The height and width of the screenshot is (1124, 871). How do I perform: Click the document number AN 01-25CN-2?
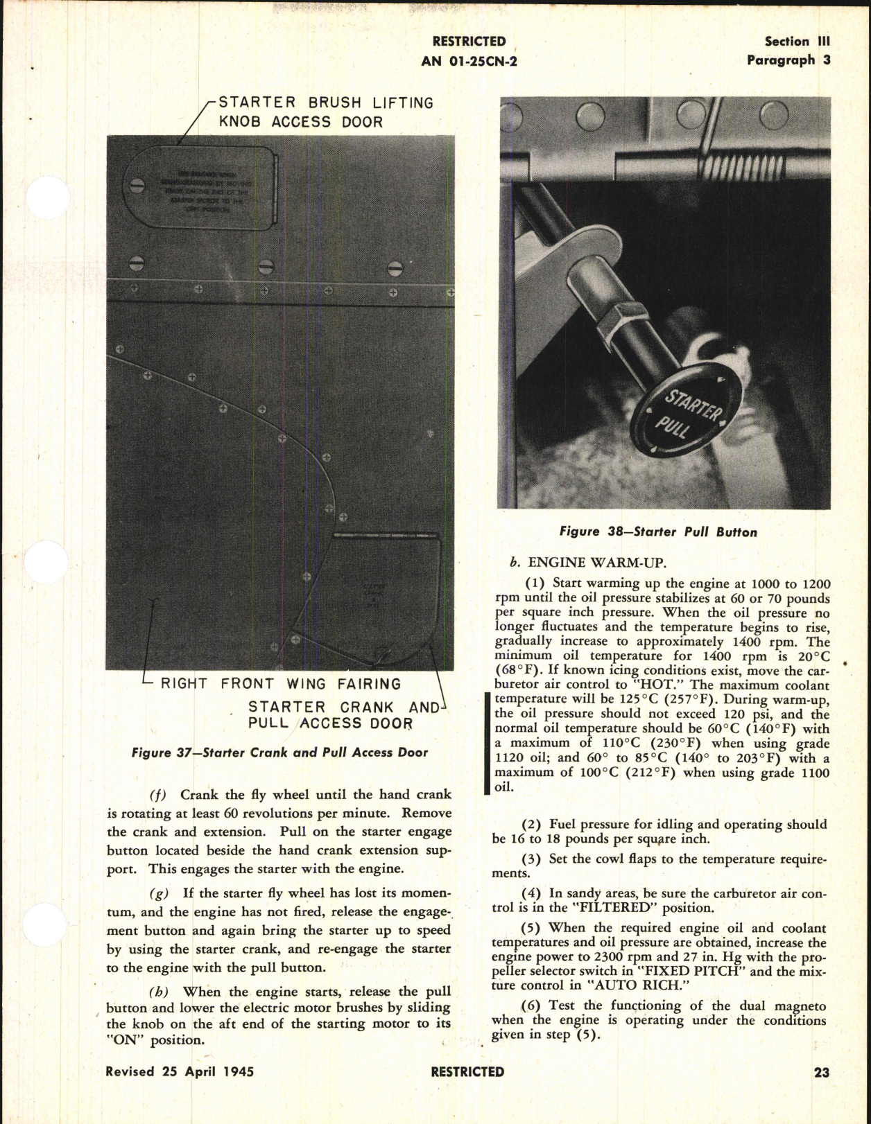pyautogui.click(x=469, y=61)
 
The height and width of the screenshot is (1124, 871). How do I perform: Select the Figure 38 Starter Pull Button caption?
pyautogui.click(x=658, y=532)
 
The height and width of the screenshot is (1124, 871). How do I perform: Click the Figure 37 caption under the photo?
pyautogui.click(x=279, y=753)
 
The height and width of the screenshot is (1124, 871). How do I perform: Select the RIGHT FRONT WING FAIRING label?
pyautogui.click(x=281, y=684)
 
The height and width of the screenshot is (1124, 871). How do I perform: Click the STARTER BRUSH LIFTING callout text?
pyautogui.click(x=326, y=103)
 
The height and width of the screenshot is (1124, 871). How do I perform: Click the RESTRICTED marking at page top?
pyautogui.click(x=469, y=42)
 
